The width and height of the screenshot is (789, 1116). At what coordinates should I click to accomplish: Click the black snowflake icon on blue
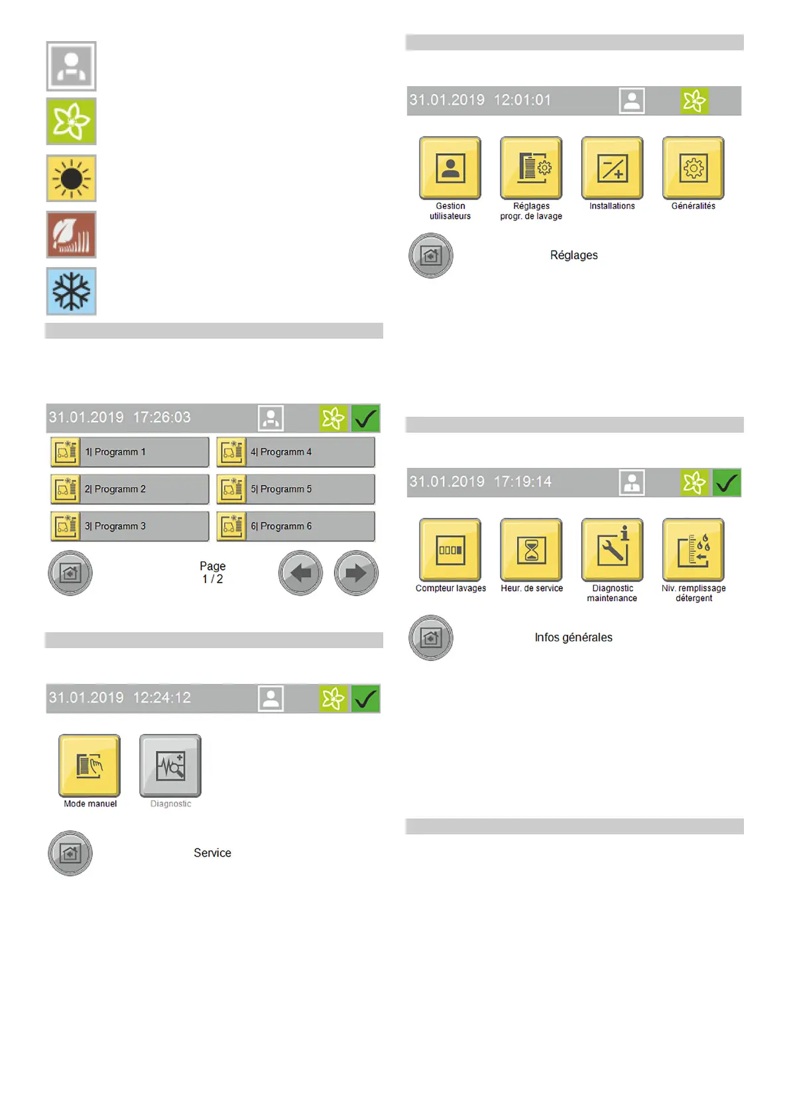pos(71,291)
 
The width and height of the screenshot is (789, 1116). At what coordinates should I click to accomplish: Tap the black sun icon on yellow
pos(71,178)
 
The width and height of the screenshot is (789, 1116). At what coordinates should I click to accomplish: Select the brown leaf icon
pos(71,235)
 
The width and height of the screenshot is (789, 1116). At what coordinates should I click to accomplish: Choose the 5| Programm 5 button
pos(296,489)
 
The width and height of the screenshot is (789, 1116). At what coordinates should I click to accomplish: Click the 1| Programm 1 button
pos(130,452)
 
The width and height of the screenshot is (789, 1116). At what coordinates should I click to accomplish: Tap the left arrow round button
pos(300,573)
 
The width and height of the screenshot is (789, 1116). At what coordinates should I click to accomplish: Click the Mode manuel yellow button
pos(90,765)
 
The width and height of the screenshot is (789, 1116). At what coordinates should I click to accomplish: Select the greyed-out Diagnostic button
pos(170,765)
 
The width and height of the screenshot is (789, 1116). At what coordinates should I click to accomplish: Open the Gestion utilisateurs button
pos(450,168)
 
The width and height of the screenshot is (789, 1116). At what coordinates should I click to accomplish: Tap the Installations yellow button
pos(612,168)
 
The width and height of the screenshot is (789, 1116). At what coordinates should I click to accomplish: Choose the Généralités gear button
pos(694,168)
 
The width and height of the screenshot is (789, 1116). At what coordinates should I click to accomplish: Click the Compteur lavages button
pos(450,550)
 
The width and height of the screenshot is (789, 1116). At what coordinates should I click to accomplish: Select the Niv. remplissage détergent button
pos(694,550)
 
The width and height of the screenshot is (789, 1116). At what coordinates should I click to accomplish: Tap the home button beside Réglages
pos(431,256)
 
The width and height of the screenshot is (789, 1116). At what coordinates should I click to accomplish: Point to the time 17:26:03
pos(162,418)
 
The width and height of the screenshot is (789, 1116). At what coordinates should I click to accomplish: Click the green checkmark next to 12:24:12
pos(365,698)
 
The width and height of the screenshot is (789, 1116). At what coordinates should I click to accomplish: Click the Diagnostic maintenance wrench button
pos(612,550)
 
